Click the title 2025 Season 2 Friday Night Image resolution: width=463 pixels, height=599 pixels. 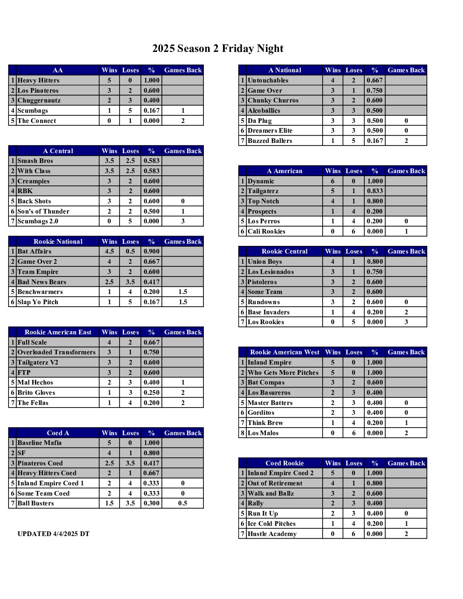click(x=218, y=48)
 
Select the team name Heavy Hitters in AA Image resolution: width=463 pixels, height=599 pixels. click(x=38, y=80)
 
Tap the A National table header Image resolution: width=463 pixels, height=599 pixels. click(x=285, y=70)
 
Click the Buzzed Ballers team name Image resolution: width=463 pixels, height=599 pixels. click(x=270, y=141)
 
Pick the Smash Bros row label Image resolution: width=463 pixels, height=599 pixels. click(x=35, y=161)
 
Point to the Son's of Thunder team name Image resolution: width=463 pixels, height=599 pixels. click(x=43, y=211)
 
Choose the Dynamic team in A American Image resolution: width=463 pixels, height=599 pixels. click(x=261, y=181)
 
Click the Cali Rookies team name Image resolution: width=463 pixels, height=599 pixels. click(x=266, y=231)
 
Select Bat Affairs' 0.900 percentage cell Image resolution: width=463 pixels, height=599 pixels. click(x=151, y=251)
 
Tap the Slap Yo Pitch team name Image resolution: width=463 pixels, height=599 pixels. click(x=38, y=302)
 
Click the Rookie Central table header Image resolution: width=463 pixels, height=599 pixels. click(x=285, y=251)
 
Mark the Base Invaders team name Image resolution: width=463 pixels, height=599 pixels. click(x=269, y=312)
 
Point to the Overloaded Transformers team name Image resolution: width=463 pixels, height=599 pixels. click(x=57, y=352)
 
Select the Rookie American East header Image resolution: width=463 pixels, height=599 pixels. click(x=58, y=332)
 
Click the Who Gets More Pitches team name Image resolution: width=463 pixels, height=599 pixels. click(x=283, y=373)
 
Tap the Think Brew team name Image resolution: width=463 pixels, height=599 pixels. click(x=265, y=423)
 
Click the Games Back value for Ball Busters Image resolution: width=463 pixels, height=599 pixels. click(x=183, y=503)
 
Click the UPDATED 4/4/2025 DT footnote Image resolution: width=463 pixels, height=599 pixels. click(x=54, y=534)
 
